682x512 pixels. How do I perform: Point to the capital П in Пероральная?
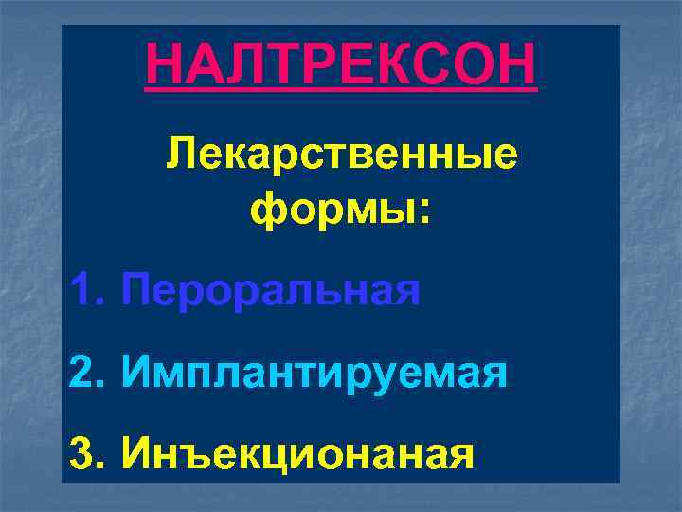(x=138, y=289)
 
